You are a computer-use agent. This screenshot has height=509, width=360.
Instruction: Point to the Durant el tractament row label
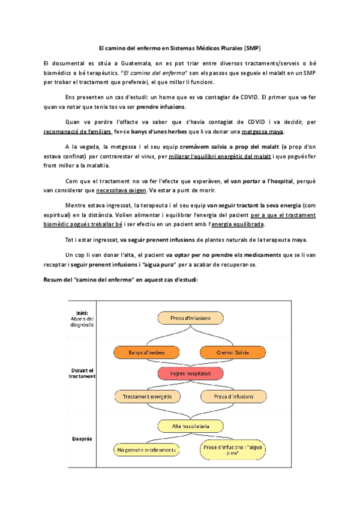(82, 373)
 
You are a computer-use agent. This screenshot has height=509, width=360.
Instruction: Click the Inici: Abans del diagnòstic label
(82, 318)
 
